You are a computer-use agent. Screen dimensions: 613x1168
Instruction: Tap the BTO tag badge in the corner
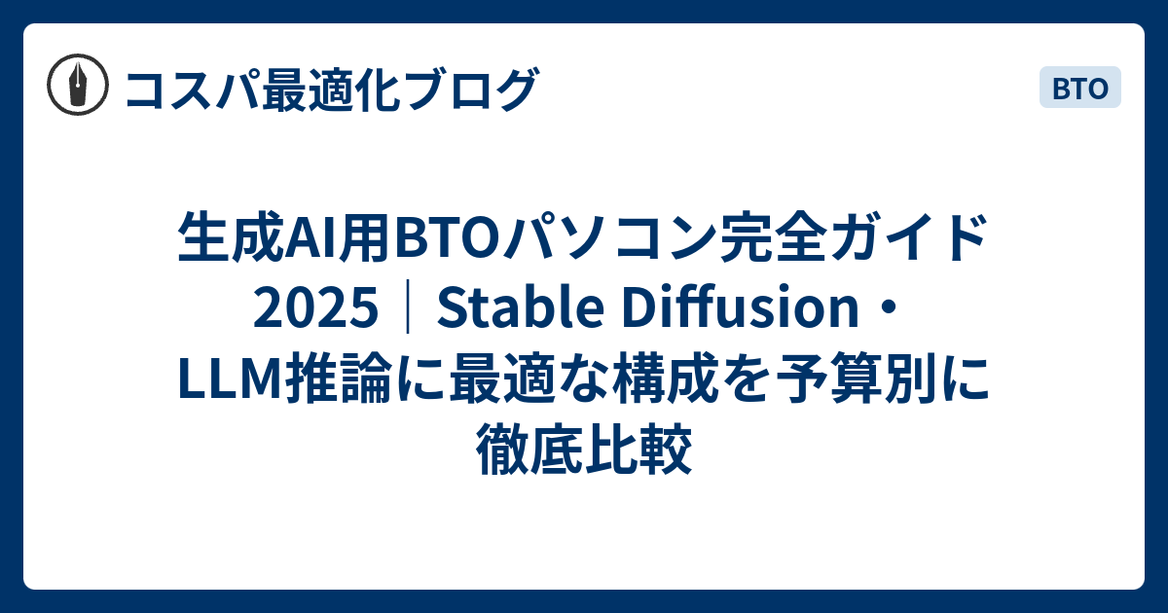coord(1080,89)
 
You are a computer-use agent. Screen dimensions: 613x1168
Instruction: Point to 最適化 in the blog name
coord(321,90)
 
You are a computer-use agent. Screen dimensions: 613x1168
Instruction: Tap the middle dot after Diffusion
coord(889,310)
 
